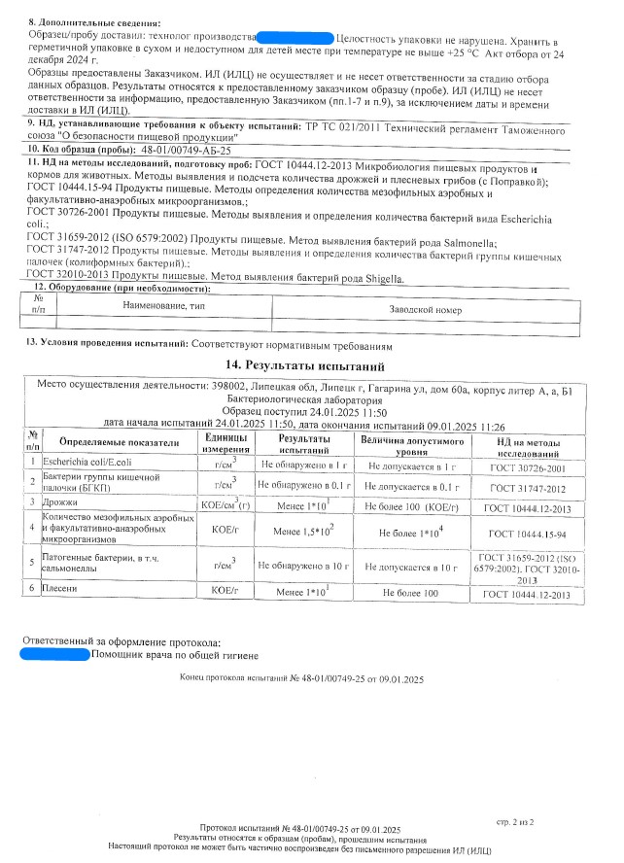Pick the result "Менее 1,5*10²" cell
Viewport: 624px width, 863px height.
(304, 531)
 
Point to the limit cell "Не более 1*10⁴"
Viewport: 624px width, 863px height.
(412, 533)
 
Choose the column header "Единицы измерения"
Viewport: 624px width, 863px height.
(225, 443)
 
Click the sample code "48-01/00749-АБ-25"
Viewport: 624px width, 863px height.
(186, 151)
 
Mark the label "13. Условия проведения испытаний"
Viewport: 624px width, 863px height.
(107, 344)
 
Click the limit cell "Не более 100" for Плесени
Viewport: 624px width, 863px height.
(412, 592)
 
